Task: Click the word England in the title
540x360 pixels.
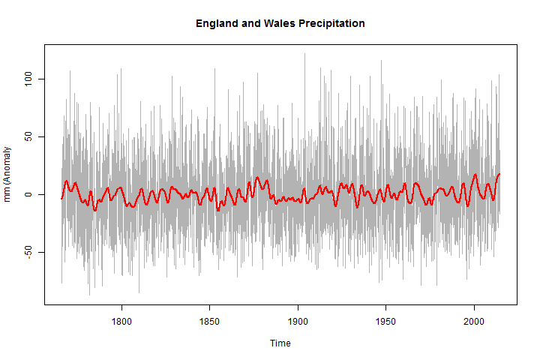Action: pyautogui.click(x=217, y=23)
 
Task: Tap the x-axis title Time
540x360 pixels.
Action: pyautogui.click(x=280, y=343)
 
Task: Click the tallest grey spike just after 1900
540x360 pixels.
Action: pyautogui.click(x=304, y=54)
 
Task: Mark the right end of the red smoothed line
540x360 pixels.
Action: pyautogui.click(x=499, y=174)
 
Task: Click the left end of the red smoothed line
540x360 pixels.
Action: pyautogui.click(x=61, y=198)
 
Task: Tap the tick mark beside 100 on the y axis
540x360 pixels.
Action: pyautogui.click(x=41, y=79)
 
